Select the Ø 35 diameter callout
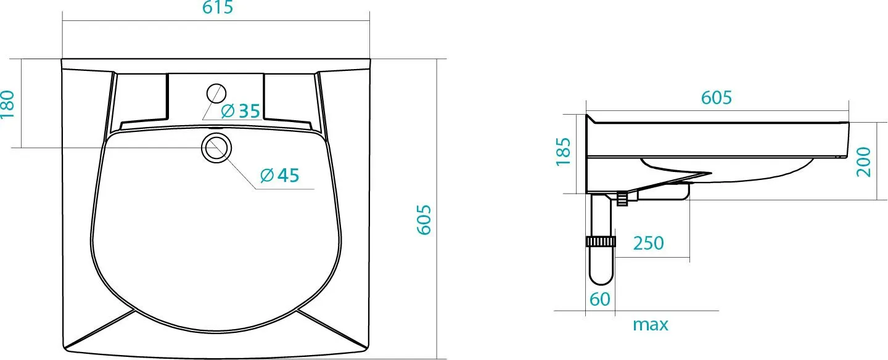click(x=240, y=111)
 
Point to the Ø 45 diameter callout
click(x=279, y=176)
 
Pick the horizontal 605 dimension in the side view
click(x=716, y=97)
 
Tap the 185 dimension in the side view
click(x=564, y=152)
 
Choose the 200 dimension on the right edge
click(x=864, y=162)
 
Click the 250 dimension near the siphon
click(x=649, y=243)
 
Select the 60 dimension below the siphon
click(x=599, y=299)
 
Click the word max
click(x=650, y=325)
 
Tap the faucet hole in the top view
click(x=215, y=93)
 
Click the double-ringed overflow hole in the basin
click(x=216, y=148)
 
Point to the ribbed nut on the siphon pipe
click(x=601, y=241)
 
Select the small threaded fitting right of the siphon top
click(x=622, y=198)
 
